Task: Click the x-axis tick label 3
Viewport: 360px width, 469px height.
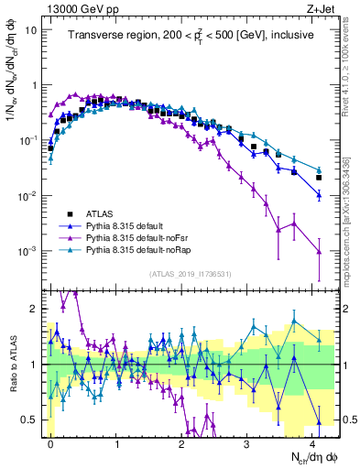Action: click(249, 442)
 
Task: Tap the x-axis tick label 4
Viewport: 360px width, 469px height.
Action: click(315, 442)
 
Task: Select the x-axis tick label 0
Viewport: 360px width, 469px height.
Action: click(50, 442)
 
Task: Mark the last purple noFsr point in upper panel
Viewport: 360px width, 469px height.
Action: click(319, 251)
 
